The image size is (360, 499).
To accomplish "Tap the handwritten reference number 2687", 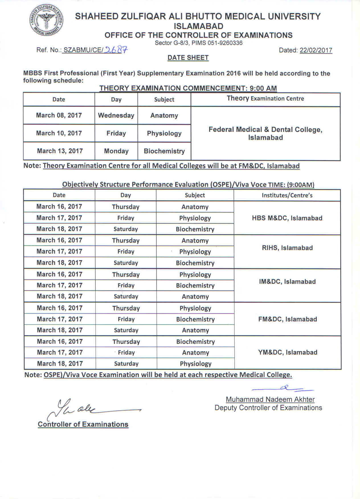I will point(116,50).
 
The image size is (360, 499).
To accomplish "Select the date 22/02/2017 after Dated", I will point(316,50).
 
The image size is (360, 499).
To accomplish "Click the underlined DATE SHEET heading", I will point(188,58).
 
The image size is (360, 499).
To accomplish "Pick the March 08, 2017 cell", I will point(59,115).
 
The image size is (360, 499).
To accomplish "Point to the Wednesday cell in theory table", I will point(116,115).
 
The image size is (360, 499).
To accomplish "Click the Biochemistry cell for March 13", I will point(164,151).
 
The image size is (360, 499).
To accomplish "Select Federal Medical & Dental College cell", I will point(265,133).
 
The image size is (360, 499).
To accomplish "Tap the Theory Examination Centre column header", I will point(265,99).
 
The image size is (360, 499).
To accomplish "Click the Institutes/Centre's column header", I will point(287,195).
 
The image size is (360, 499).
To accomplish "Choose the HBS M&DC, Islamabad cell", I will point(287,218).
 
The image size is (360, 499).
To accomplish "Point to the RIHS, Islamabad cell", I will point(287,248).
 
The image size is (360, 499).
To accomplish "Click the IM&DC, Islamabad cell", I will point(287,282).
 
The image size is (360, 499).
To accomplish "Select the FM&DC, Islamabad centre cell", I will point(287,319).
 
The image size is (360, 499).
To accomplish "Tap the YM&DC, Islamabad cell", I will point(288,352).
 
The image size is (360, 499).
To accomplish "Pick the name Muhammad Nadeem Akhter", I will point(270,400).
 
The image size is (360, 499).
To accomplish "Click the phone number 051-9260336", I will point(225,43).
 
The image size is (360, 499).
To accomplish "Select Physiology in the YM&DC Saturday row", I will point(195,364).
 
